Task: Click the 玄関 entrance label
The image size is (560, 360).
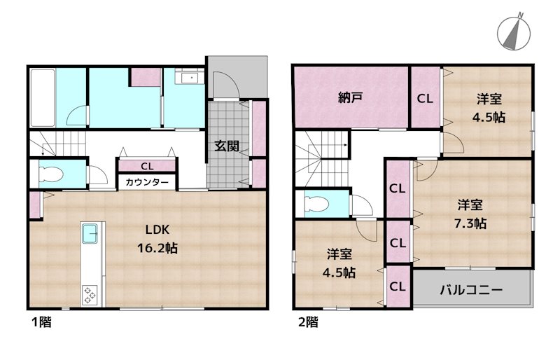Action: (x=227, y=146)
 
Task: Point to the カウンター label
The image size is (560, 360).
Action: (x=147, y=182)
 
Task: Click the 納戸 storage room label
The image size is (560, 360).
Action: (x=350, y=99)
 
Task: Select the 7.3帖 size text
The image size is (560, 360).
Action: (x=470, y=223)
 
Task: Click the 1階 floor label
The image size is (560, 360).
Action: (x=40, y=323)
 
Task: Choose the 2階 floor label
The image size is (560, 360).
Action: (x=307, y=323)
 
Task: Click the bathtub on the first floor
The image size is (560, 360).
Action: (x=43, y=97)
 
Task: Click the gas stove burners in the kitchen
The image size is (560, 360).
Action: (x=91, y=293)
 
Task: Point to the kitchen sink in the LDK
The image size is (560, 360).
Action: (x=91, y=234)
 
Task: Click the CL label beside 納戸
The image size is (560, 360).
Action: (x=425, y=99)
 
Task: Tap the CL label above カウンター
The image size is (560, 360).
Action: (x=147, y=166)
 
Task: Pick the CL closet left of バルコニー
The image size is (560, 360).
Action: (x=398, y=286)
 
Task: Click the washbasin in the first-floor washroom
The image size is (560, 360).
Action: (x=186, y=78)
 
